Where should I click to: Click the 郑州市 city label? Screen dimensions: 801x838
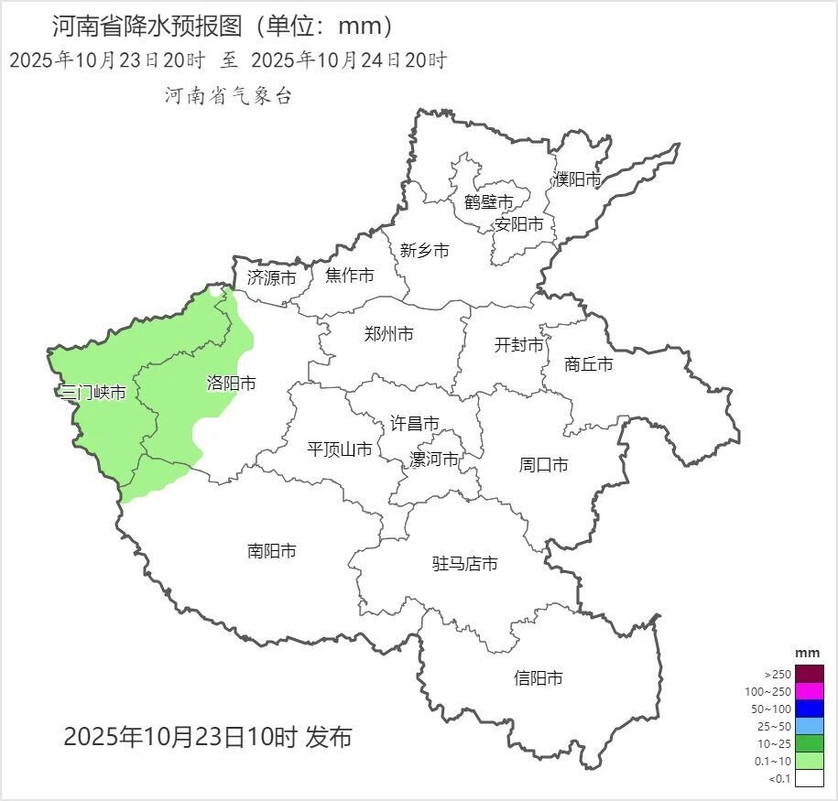388,334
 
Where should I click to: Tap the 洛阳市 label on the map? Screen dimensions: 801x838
231,384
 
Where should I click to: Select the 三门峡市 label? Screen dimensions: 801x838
93,393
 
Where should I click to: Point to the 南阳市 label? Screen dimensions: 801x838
272,551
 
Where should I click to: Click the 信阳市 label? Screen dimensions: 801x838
538,678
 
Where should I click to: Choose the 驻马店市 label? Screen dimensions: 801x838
464,564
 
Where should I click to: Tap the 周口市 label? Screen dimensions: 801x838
543,465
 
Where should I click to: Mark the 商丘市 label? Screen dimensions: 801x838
589,364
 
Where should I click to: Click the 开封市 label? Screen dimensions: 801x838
518,345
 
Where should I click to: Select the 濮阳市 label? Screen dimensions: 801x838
577,179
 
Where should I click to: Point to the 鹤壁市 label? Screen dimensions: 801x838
488,201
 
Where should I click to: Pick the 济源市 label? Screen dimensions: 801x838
271,278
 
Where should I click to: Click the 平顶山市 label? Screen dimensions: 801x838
339,449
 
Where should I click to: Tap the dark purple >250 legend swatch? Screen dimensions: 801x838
810,674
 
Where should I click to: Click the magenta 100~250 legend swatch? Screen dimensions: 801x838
810,691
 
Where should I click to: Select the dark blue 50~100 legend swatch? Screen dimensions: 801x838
810,709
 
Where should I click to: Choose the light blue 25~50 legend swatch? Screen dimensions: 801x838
810,726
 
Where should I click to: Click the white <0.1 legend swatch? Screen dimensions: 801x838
810,778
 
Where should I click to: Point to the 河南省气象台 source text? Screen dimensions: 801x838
228,96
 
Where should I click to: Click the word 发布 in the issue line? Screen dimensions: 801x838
330,737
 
